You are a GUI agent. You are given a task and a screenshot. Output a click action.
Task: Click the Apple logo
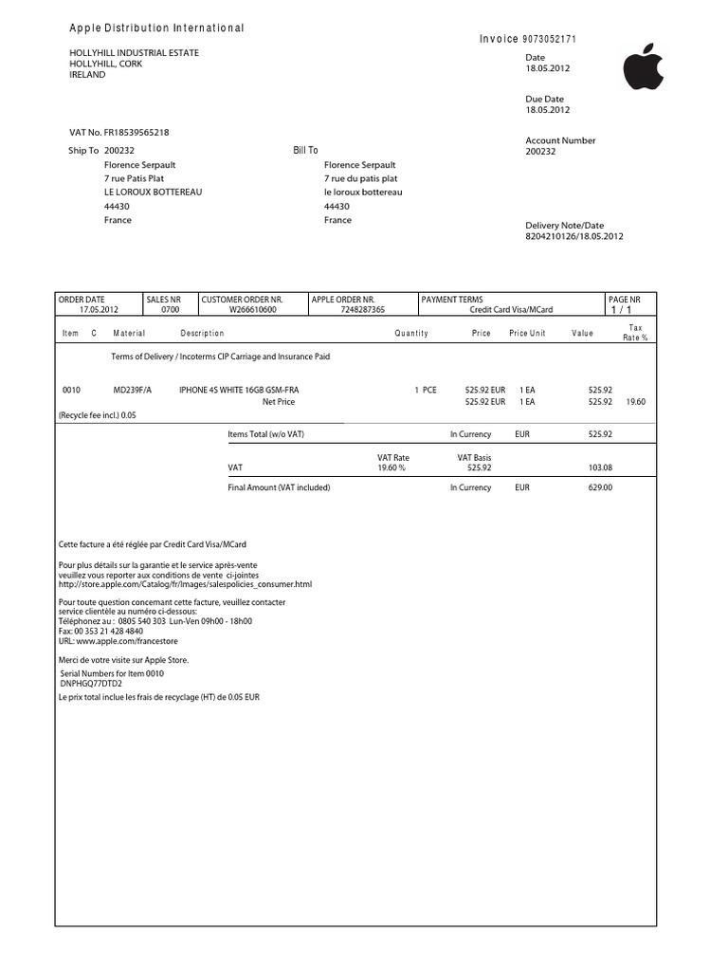[644, 67]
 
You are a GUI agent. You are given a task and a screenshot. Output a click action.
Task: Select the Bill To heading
[305, 150]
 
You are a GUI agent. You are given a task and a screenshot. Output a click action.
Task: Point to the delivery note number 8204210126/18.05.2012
[574, 237]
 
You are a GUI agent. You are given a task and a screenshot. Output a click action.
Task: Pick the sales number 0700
[170, 309]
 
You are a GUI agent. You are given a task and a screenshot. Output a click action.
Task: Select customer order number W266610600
[253, 309]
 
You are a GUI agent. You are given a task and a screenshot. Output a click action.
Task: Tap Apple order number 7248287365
[362, 309]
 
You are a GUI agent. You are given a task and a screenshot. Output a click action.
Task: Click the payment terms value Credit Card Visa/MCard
[512, 309]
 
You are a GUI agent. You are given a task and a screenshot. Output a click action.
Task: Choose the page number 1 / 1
[621, 310]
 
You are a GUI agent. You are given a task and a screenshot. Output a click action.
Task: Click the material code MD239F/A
[133, 390]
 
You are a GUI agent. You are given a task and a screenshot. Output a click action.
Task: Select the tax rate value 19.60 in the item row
[636, 401]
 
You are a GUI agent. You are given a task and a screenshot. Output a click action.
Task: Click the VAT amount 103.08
[601, 467]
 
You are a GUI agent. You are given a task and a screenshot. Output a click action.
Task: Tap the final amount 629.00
[601, 487]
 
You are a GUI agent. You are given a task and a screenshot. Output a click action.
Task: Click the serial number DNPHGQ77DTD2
[91, 683]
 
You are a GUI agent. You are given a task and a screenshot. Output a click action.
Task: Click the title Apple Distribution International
[157, 28]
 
